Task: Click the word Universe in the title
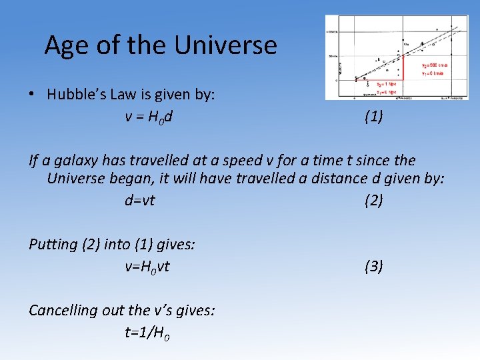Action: (x=225, y=45)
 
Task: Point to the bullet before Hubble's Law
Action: (x=32, y=94)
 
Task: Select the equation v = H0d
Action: (x=149, y=117)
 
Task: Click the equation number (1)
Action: (x=373, y=117)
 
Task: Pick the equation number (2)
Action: (x=373, y=200)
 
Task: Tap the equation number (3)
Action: (x=373, y=267)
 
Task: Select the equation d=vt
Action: (x=139, y=200)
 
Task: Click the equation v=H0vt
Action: (x=147, y=267)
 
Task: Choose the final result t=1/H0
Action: (x=147, y=334)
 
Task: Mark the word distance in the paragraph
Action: (x=337, y=179)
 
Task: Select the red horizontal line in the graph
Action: (x=379, y=79)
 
